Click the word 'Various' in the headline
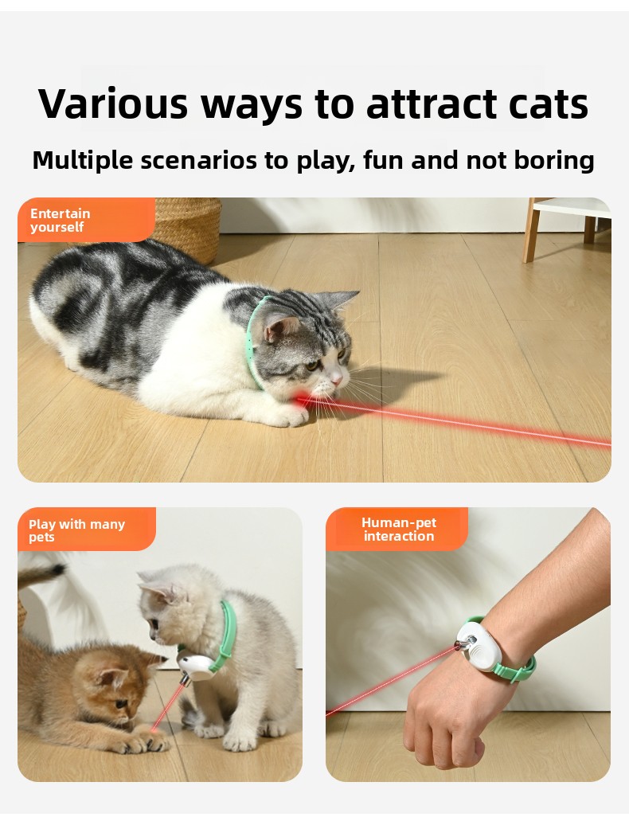113,104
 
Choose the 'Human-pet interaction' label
397,530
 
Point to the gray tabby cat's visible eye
312,365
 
